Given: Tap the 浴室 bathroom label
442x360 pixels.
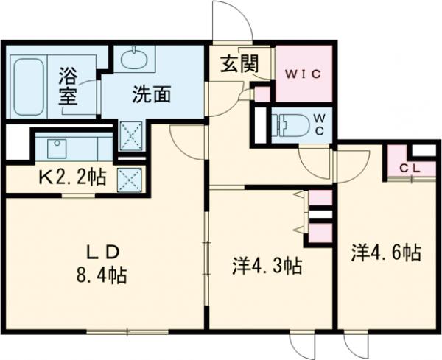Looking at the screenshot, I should (69, 87).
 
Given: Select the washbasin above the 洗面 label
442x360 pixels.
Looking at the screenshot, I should (134, 59).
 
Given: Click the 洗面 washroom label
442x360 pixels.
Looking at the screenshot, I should (152, 94).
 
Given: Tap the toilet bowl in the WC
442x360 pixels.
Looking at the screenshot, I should (290, 125).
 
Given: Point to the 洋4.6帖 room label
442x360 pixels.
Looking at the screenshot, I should (385, 254).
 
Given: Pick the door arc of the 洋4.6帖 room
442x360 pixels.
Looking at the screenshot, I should (352, 163).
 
